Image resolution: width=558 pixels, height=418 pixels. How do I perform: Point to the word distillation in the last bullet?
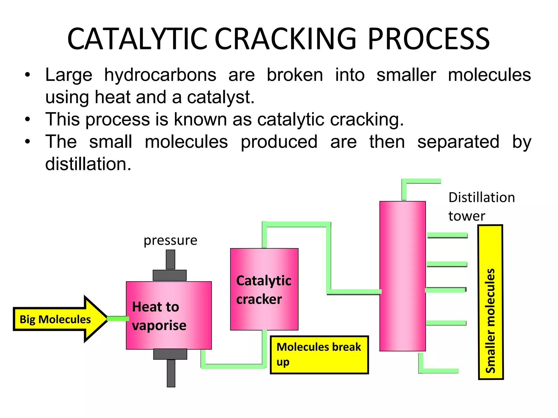(x=88, y=164)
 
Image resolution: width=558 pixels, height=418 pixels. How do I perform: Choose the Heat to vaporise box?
(x=169, y=315)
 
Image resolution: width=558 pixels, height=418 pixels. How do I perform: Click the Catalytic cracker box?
(x=264, y=289)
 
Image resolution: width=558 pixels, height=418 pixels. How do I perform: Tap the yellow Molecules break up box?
(x=319, y=355)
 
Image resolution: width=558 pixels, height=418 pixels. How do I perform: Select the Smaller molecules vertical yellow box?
(x=490, y=302)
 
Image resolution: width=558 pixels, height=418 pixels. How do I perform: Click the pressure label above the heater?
(x=170, y=240)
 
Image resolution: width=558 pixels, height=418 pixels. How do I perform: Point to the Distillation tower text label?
(x=481, y=206)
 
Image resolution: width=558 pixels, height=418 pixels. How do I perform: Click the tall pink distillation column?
(x=402, y=276)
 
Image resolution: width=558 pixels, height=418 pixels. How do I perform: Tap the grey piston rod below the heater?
(x=171, y=373)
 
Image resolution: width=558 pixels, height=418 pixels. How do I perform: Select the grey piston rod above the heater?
(x=171, y=259)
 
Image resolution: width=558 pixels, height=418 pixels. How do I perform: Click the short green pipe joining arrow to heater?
(x=117, y=319)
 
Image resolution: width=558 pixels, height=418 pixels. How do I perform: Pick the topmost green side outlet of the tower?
(x=447, y=235)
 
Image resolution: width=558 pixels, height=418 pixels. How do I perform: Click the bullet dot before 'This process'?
(x=27, y=119)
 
